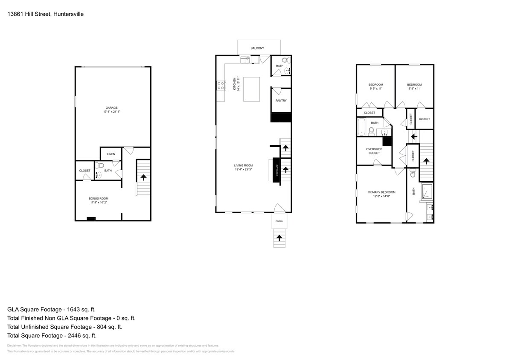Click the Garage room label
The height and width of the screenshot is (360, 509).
pos(112,107)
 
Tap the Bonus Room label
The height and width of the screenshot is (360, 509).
pos(99,198)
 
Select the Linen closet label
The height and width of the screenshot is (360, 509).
pos(111,154)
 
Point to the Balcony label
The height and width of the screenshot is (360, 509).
pos(257,48)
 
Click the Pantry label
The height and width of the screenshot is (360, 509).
pos(281,101)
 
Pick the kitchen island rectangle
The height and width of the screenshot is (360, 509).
pos(252,89)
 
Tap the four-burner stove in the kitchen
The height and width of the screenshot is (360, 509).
pos(221,86)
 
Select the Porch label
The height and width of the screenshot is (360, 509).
pos(279,221)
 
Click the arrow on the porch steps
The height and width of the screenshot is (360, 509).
pos(280,238)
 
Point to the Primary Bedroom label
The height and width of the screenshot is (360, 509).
pos(381,192)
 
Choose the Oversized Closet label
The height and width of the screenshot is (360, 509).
pos(374,151)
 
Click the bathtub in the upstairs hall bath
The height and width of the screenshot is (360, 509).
pos(362,127)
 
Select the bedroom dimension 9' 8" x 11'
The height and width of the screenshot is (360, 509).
pos(414,89)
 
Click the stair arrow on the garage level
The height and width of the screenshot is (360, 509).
pos(143,176)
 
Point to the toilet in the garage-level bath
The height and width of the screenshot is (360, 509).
pos(100,166)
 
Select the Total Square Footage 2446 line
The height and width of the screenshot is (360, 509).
pos(52,336)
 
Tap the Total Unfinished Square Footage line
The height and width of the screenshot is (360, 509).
pos(64,327)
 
